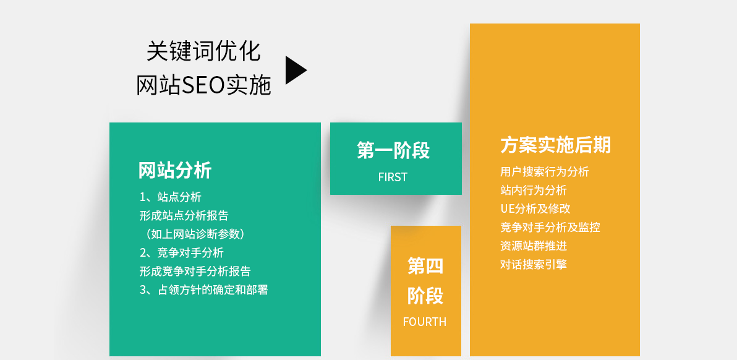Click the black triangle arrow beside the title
click(295, 70)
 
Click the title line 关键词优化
click(203, 51)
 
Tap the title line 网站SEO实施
click(203, 85)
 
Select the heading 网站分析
click(175, 170)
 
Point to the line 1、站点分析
click(171, 197)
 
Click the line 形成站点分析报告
click(184, 216)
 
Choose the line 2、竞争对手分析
click(181, 253)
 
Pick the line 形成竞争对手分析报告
click(195, 271)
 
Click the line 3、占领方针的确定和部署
click(203, 290)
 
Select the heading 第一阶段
click(393, 150)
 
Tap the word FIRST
click(393, 177)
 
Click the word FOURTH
click(425, 322)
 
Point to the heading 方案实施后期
click(556, 145)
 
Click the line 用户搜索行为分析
click(545, 171)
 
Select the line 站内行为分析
click(534, 191)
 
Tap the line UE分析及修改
click(535, 208)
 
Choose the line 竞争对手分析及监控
click(550, 228)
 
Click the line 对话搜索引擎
click(534, 264)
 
